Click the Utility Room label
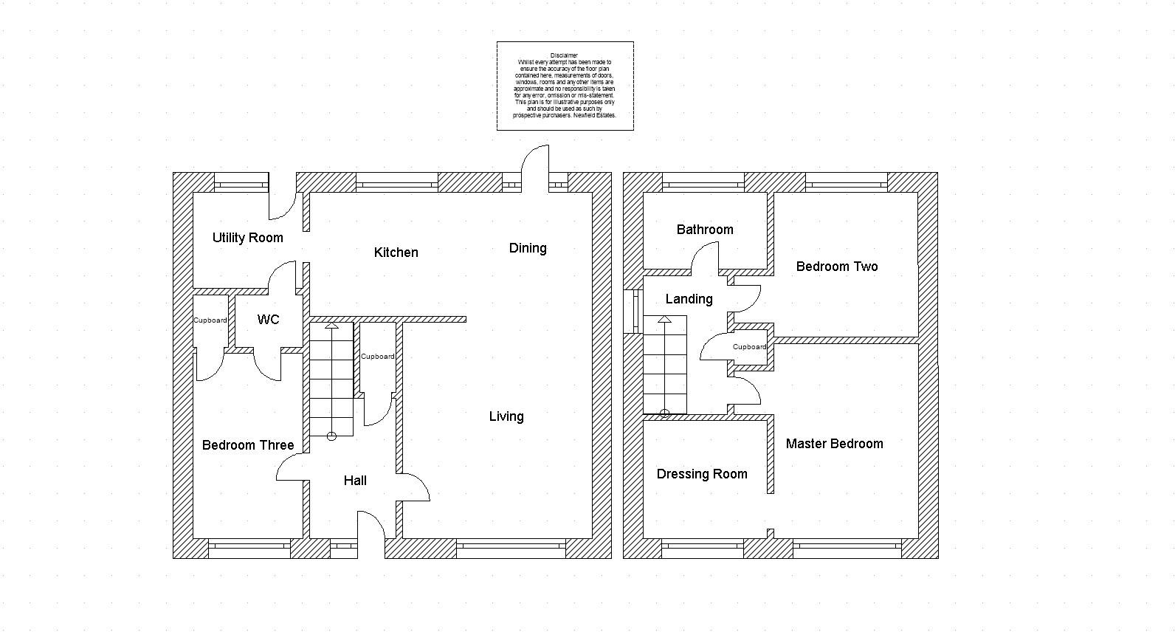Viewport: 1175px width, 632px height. (247, 238)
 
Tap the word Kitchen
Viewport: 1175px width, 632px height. (396, 253)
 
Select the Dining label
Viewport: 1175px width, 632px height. (528, 248)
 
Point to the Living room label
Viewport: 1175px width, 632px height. (506, 417)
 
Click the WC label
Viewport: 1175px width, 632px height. (268, 320)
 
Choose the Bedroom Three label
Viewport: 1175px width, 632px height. (247, 445)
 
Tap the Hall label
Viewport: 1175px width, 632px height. (355, 481)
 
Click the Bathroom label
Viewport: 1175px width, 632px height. (705, 230)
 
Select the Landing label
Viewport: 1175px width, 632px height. (689, 299)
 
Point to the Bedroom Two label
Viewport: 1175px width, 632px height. (837, 267)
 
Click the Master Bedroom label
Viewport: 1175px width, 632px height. (834, 444)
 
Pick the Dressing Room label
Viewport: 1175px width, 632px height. (702, 475)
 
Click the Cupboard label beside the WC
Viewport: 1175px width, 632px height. (210, 320)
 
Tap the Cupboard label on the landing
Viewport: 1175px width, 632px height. (750, 347)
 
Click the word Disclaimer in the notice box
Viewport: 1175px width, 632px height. (564, 55)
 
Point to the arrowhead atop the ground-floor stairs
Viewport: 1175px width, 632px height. (331, 326)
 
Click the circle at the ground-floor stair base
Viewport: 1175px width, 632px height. (331, 436)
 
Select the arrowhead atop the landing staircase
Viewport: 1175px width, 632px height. (664, 319)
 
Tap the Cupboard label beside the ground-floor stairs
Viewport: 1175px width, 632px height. (378, 357)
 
